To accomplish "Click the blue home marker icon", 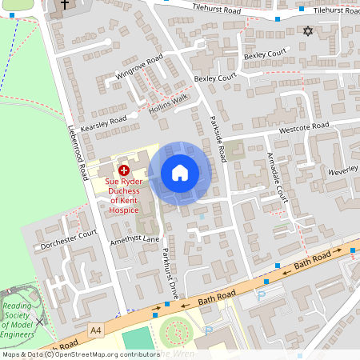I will (180, 172).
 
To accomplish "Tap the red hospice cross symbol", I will (124, 170).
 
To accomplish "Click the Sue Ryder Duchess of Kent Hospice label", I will (124, 192).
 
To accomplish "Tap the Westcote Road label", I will (303, 127).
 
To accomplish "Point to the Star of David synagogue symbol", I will (307, 31).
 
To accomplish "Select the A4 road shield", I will (97, 330).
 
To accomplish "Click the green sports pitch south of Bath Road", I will (138, 339).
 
